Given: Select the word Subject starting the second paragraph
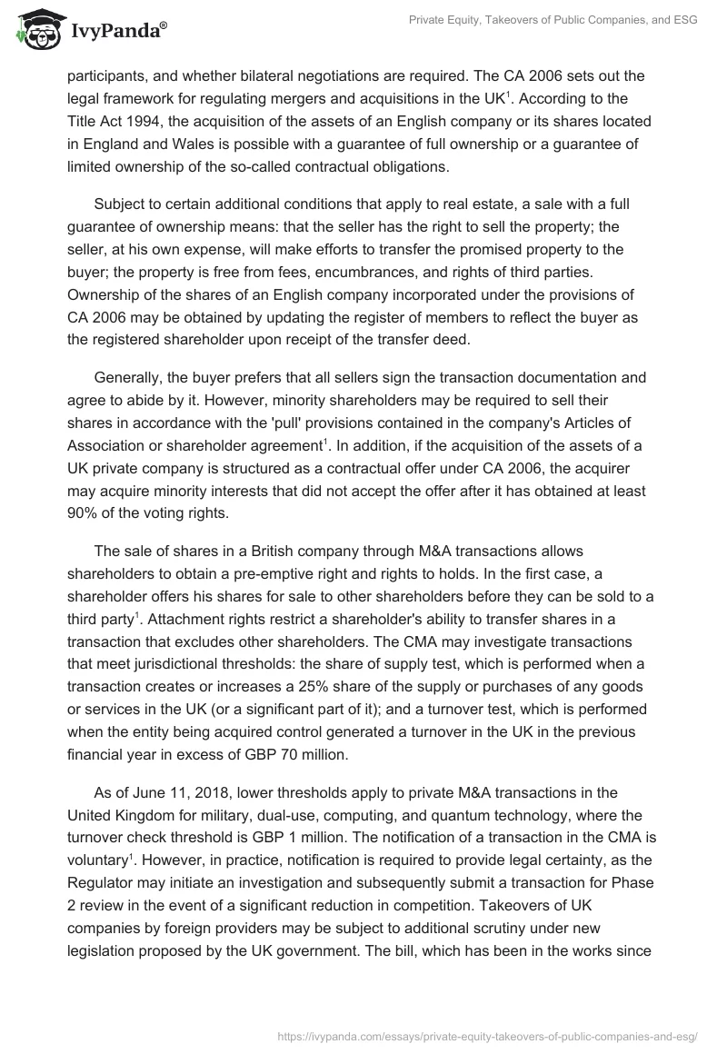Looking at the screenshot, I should pos(121,208).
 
